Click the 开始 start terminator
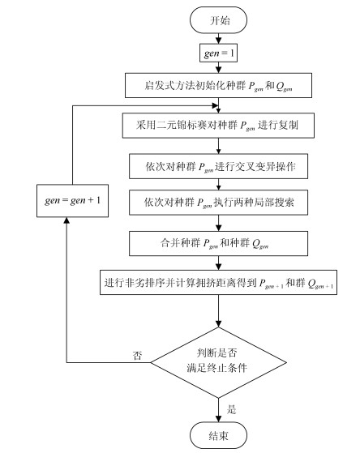click(x=218, y=20)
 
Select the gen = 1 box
click(x=218, y=53)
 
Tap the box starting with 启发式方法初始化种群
click(x=218, y=85)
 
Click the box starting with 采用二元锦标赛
click(x=218, y=126)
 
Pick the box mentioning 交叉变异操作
click(x=218, y=166)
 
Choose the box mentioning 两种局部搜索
click(x=218, y=203)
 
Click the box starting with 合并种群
click(x=218, y=243)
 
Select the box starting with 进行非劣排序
click(x=218, y=282)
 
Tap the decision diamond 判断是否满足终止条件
click(x=218, y=362)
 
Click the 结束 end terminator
click(x=218, y=435)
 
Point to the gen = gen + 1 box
click(x=72, y=200)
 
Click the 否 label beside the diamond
click(x=137, y=355)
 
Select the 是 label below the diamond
click(x=231, y=409)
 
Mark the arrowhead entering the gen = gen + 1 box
click(x=66, y=220)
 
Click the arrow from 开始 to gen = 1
click(x=218, y=38)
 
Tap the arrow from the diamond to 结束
click(x=218, y=410)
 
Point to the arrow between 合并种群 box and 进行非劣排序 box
click(x=218, y=263)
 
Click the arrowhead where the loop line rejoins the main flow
click(x=215, y=105)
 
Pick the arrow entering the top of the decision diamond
click(x=218, y=311)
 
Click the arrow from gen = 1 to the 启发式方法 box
click(x=218, y=67)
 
